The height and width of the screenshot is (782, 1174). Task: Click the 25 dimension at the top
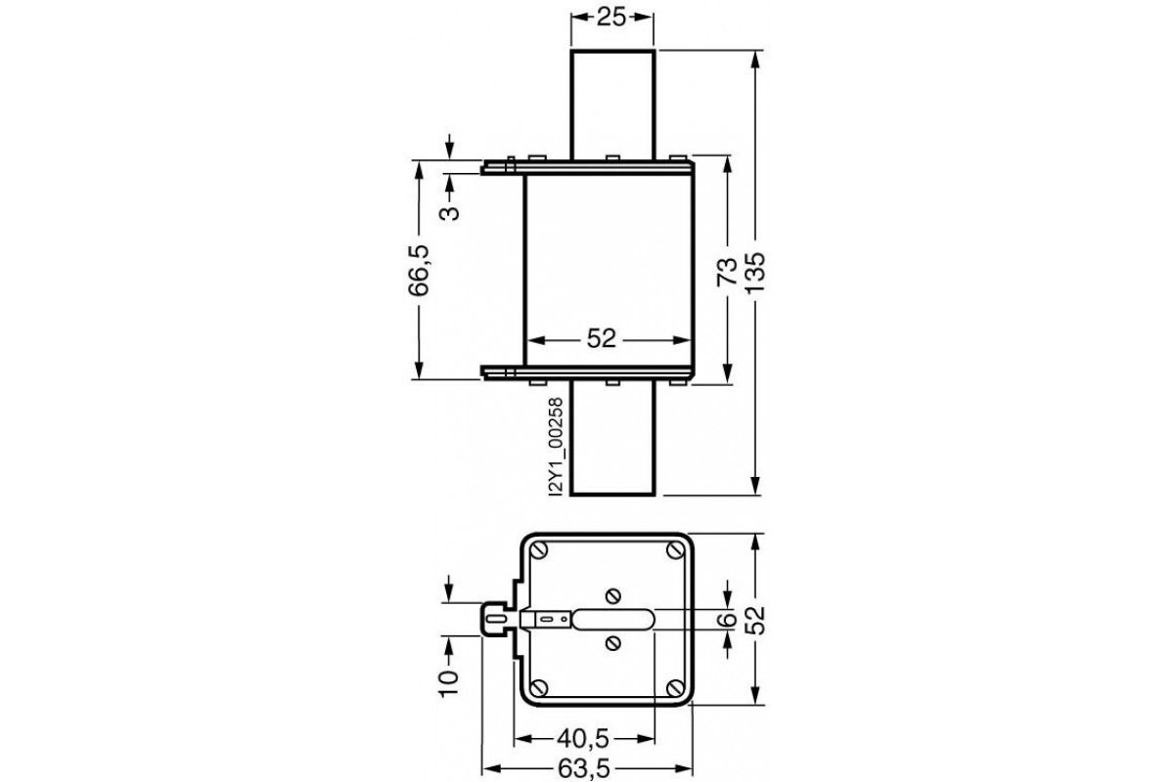click(x=611, y=17)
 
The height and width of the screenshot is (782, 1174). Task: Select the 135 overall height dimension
click(x=755, y=277)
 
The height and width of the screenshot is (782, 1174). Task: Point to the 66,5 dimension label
click(x=419, y=271)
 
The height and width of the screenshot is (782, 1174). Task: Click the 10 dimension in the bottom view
click(x=449, y=679)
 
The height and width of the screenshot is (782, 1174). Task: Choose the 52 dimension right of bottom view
click(x=755, y=618)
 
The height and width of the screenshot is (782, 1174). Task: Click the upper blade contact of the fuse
click(x=611, y=103)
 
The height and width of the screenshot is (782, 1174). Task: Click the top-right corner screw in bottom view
click(x=674, y=552)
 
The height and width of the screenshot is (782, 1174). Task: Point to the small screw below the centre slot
click(x=612, y=642)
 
